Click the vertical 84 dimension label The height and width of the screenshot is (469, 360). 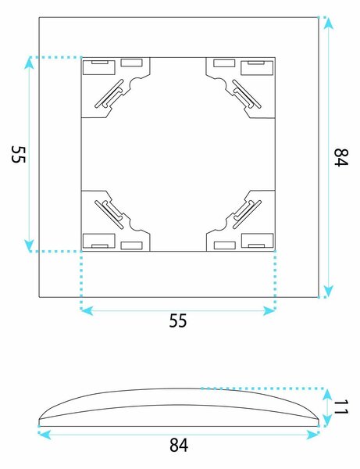341,157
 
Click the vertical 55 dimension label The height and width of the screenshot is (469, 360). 19,154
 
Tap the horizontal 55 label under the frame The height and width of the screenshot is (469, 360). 178,320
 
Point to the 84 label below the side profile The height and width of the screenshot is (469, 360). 179,445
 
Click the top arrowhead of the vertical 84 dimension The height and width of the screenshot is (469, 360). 328,23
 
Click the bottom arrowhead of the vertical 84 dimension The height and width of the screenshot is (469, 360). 328,291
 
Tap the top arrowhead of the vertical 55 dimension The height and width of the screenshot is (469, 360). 29,63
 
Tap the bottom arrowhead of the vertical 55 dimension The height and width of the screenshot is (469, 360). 29,245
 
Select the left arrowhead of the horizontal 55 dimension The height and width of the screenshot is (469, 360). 87,311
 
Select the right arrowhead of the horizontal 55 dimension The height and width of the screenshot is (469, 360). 269,311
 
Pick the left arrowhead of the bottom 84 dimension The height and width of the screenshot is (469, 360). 45,435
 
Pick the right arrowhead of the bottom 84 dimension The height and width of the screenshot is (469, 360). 312,435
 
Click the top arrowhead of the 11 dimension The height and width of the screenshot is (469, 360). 327,394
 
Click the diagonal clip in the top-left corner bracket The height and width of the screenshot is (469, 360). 109,94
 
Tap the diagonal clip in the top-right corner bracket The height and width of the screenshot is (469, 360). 247,94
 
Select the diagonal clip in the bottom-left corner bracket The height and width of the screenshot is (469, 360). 109,214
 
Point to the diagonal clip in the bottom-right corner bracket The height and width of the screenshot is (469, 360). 247,214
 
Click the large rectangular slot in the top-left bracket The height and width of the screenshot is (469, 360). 99,67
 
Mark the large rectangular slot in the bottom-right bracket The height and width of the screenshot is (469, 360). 257,241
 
